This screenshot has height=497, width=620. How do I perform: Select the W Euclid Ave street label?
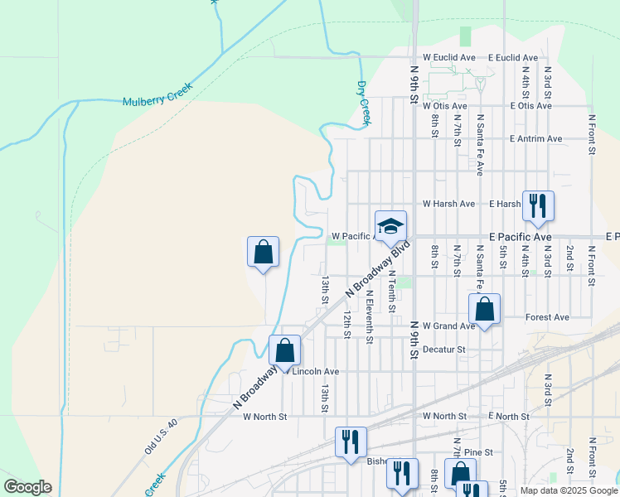449,57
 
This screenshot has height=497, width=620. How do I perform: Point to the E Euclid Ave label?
513,57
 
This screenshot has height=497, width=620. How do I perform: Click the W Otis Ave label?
445,106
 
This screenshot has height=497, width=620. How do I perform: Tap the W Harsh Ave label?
448,203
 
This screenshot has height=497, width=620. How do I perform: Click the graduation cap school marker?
391,225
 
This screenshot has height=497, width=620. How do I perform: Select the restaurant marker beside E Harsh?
538,205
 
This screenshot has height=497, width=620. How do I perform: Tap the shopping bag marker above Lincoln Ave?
285,350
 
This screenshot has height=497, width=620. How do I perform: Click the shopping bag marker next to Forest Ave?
485,310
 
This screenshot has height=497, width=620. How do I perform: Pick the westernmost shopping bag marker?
263,252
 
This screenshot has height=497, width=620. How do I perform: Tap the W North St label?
264,416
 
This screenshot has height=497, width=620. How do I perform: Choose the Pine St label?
478,452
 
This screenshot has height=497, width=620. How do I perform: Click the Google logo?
27,487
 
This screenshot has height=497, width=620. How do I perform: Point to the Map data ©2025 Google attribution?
569,490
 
